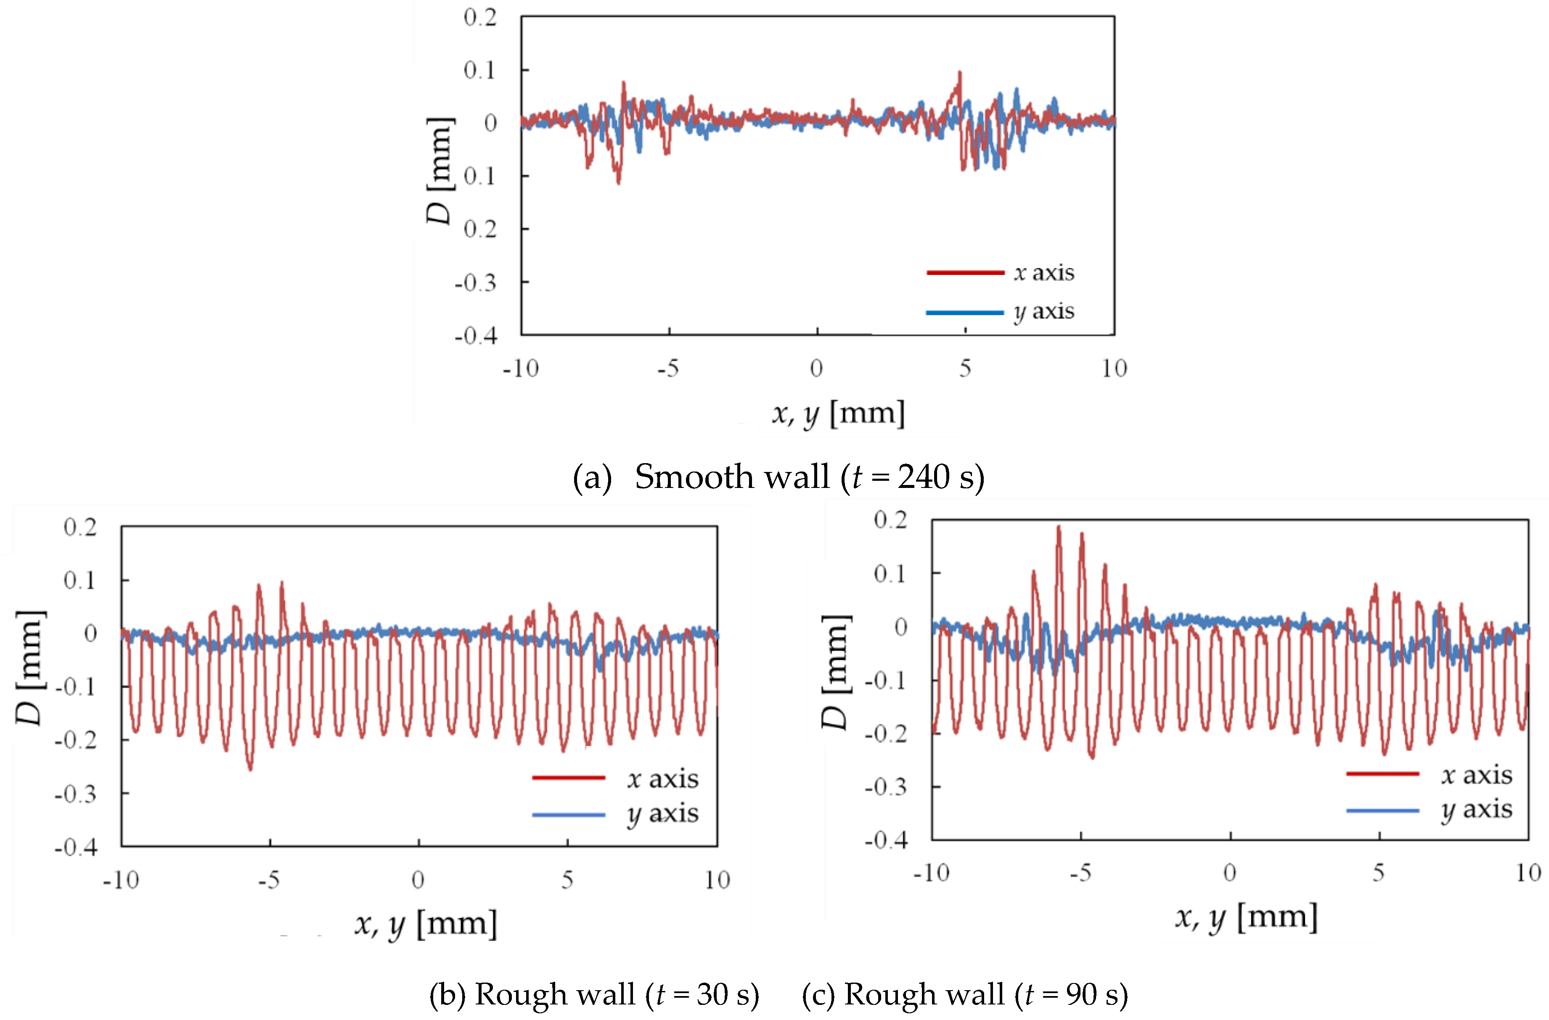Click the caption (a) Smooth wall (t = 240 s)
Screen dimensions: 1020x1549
point(778,477)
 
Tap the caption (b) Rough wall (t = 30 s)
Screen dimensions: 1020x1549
point(593,994)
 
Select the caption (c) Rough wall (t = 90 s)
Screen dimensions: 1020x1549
point(964,994)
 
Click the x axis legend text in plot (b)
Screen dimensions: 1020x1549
point(662,779)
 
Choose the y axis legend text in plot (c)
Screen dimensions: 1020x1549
point(1476,810)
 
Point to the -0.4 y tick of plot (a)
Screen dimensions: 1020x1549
point(476,336)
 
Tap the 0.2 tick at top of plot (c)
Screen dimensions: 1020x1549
point(890,520)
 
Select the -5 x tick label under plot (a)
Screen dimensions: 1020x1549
point(668,369)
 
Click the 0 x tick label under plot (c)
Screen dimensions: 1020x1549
point(1229,872)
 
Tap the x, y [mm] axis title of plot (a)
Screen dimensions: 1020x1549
point(838,414)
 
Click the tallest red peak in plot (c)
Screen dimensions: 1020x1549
point(1058,527)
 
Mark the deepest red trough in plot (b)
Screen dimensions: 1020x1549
point(250,769)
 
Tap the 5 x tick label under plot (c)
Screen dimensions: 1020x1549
point(1378,872)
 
